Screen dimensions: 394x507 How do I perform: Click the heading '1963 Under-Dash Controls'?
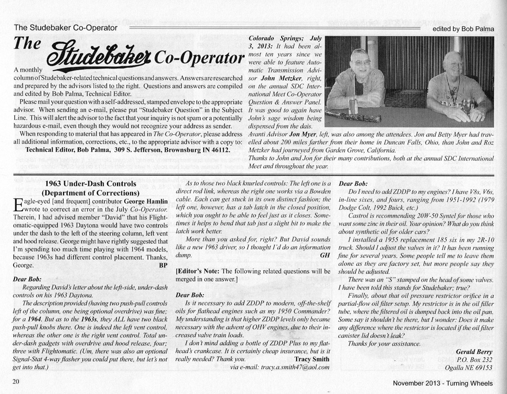91,184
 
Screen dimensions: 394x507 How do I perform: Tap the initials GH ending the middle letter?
325,255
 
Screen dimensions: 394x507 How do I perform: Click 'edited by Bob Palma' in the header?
464,29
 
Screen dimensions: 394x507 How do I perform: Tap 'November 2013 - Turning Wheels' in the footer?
442,383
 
